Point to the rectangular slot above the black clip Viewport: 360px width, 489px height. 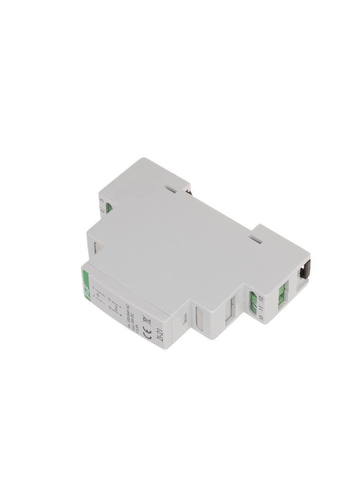(256, 239)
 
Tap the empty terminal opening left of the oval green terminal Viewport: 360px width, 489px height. (231, 312)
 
